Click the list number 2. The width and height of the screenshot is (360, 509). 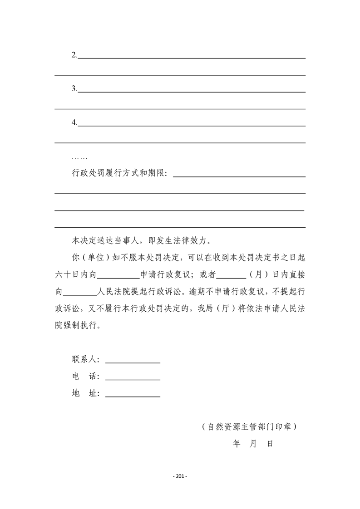pyautogui.click(x=74, y=55)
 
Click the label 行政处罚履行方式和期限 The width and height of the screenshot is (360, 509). pyautogui.click(x=119, y=173)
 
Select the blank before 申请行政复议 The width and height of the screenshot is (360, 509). pyautogui.click(x=118, y=274)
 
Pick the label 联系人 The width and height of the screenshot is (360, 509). pyautogui.click(x=85, y=360)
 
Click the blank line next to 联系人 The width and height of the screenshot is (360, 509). pyautogui.click(x=133, y=362)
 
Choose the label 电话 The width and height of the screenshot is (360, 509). pyautogui.click(x=85, y=377)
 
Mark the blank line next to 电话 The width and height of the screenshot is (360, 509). pyautogui.click(x=133, y=378)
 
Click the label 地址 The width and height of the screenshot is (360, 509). pyautogui.click(x=85, y=394)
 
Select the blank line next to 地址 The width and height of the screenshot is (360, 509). pyautogui.click(x=133, y=396)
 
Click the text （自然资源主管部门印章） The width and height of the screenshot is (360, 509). pyautogui.click(x=249, y=427)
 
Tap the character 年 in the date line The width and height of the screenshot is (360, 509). pyautogui.click(x=237, y=444)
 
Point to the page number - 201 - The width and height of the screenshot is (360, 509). pyautogui.click(x=180, y=476)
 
